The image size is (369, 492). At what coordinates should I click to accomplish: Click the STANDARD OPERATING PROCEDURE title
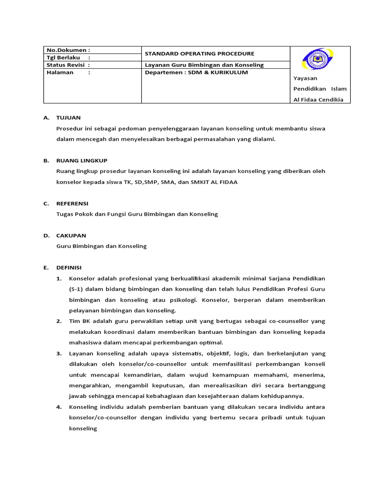tap(199, 53)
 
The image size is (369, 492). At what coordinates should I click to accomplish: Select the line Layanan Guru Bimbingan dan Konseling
tap(204, 65)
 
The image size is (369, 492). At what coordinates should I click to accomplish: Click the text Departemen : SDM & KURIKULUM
tap(197, 73)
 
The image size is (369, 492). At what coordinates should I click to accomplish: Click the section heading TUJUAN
tap(68, 117)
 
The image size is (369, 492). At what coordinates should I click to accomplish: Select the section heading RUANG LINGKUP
tap(82, 160)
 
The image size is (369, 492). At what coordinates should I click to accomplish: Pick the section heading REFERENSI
tap(72, 203)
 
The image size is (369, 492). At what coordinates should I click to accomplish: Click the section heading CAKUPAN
tap(71, 235)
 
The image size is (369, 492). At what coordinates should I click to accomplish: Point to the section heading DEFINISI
tap(69, 268)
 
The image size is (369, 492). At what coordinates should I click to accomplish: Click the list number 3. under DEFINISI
tap(59, 353)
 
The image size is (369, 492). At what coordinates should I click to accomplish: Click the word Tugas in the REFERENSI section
tap(65, 214)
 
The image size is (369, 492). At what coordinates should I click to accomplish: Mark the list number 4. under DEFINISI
tap(59, 407)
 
